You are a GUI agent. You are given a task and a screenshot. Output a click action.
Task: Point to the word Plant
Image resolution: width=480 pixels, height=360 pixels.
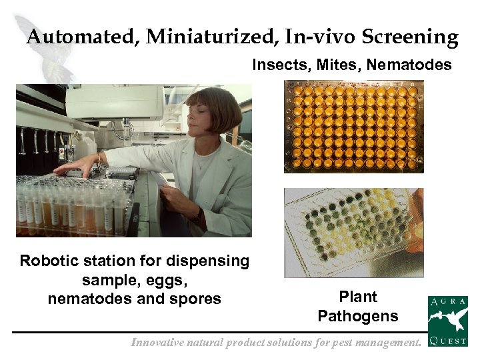[x=358, y=297]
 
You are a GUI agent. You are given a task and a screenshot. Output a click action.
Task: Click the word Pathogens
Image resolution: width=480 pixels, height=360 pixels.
[x=358, y=315]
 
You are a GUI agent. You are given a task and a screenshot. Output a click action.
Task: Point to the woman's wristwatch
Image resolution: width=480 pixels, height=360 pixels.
[x=197, y=215]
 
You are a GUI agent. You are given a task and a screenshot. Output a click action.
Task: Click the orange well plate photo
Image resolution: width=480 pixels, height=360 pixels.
[x=354, y=127]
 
